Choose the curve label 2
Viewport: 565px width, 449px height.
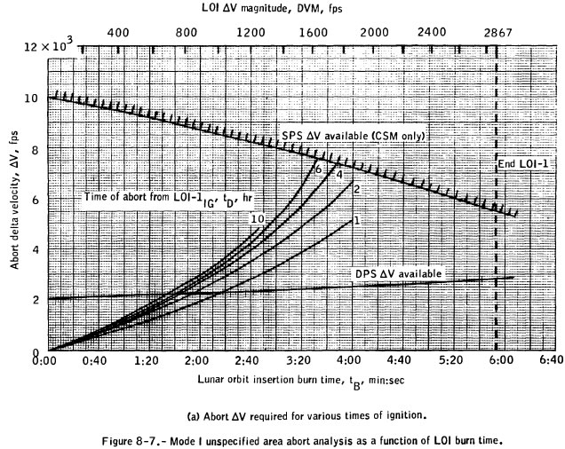[x=355, y=189]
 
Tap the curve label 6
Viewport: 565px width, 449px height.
[x=315, y=169]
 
